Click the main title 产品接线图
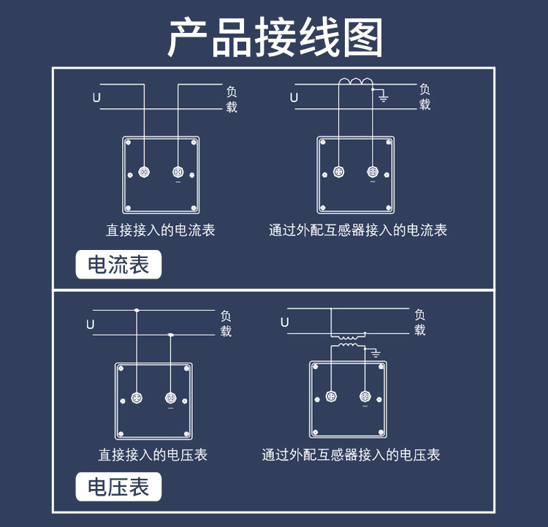pos(275,38)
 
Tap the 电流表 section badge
pos(118,265)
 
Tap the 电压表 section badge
pos(118,487)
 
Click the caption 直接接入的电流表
pos(161,230)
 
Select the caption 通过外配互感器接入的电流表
pos(358,230)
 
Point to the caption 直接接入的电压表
pos(153,455)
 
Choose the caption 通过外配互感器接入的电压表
pos(351,455)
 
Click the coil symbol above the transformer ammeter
pos(355,83)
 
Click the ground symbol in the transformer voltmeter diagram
pos(376,354)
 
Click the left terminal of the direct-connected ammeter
pos(144,172)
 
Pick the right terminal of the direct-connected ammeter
pos(178,172)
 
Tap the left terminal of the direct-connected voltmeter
pos(137,398)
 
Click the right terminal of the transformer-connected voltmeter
pos(365,397)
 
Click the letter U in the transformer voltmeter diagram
pos(285,322)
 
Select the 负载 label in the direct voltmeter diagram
pos(226,323)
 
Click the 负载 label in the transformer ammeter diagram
pos(425,96)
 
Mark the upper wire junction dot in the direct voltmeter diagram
pos(137,311)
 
